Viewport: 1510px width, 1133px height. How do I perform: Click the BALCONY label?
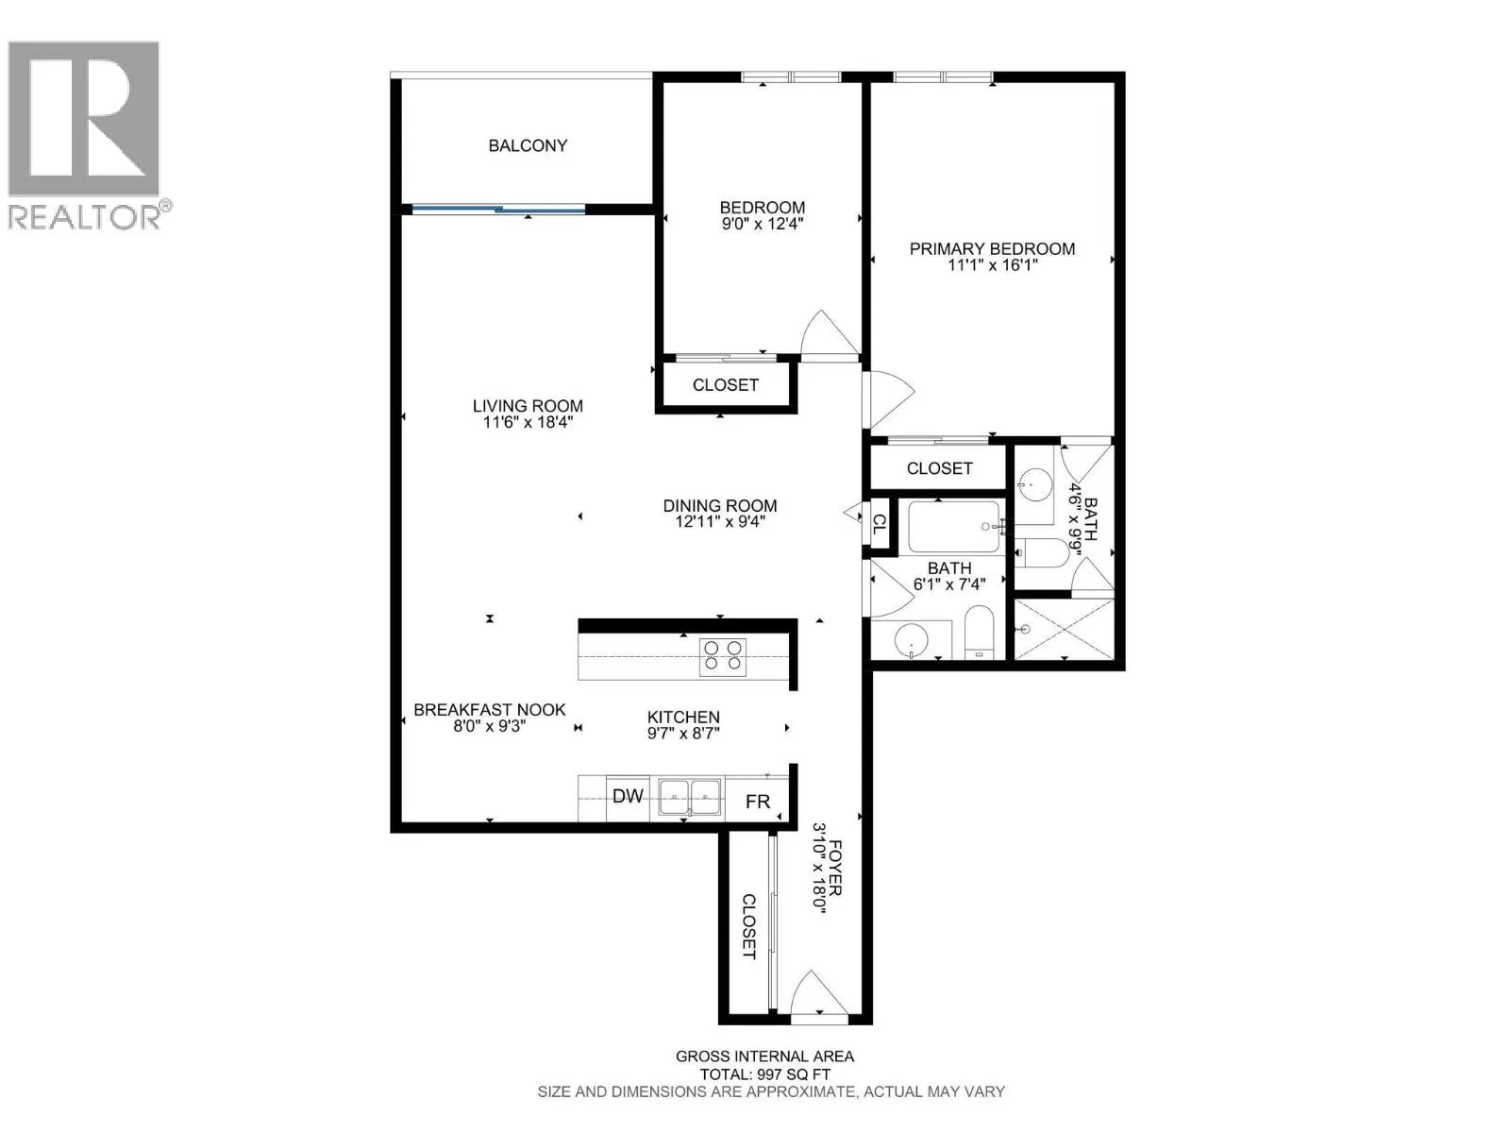528,145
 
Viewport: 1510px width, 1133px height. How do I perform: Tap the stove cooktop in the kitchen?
722,655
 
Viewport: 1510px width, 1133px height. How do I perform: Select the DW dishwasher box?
628,797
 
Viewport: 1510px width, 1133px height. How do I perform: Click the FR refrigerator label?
758,802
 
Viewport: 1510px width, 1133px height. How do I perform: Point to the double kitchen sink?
689,798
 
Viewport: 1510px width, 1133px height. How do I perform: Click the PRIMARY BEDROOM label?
992,249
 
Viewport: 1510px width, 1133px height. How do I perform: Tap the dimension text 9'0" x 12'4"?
762,225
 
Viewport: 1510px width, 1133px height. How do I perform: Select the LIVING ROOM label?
528,406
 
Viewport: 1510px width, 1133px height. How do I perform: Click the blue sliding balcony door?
498,210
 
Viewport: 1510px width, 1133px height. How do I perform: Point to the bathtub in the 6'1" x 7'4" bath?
953,527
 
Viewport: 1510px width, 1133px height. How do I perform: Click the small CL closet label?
879,524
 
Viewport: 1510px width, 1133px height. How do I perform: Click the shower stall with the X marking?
1064,628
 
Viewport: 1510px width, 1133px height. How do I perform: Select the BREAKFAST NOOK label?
490,710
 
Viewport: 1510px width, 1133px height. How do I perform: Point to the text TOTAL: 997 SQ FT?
764,1074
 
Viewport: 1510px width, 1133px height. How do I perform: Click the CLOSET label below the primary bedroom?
939,468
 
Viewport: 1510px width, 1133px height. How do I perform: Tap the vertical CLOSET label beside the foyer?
748,926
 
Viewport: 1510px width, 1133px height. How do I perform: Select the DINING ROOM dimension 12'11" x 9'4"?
719,522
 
